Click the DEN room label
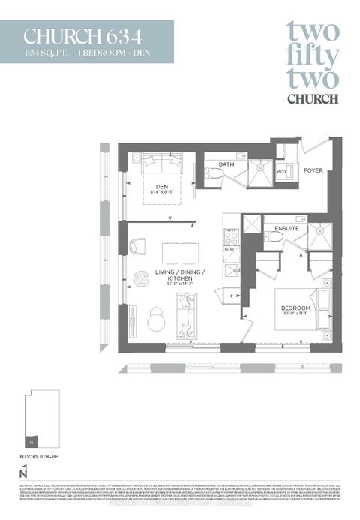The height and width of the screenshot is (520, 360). (x=160, y=187)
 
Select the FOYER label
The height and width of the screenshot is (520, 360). (x=313, y=171)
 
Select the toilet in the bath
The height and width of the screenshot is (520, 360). (x=215, y=173)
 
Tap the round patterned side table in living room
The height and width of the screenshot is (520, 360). (x=141, y=278)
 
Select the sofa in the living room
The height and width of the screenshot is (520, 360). (x=186, y=316)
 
